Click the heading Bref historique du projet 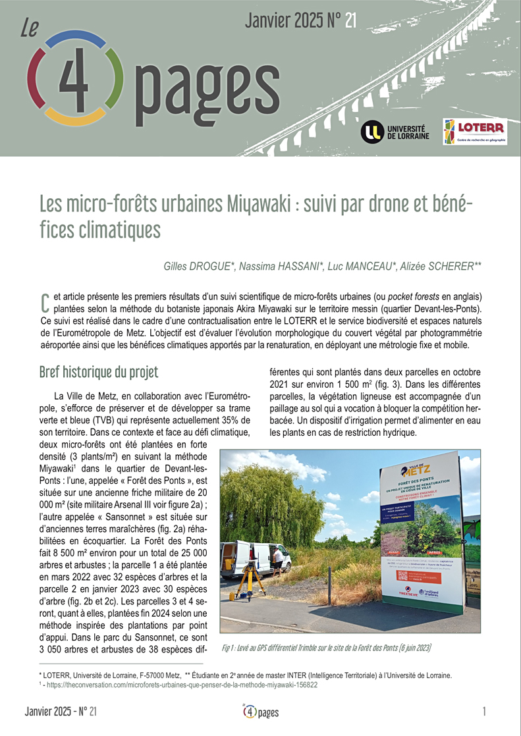(x=98, y=371)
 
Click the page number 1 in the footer (x=484, y=712)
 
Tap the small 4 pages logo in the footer (x=260, y=712)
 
